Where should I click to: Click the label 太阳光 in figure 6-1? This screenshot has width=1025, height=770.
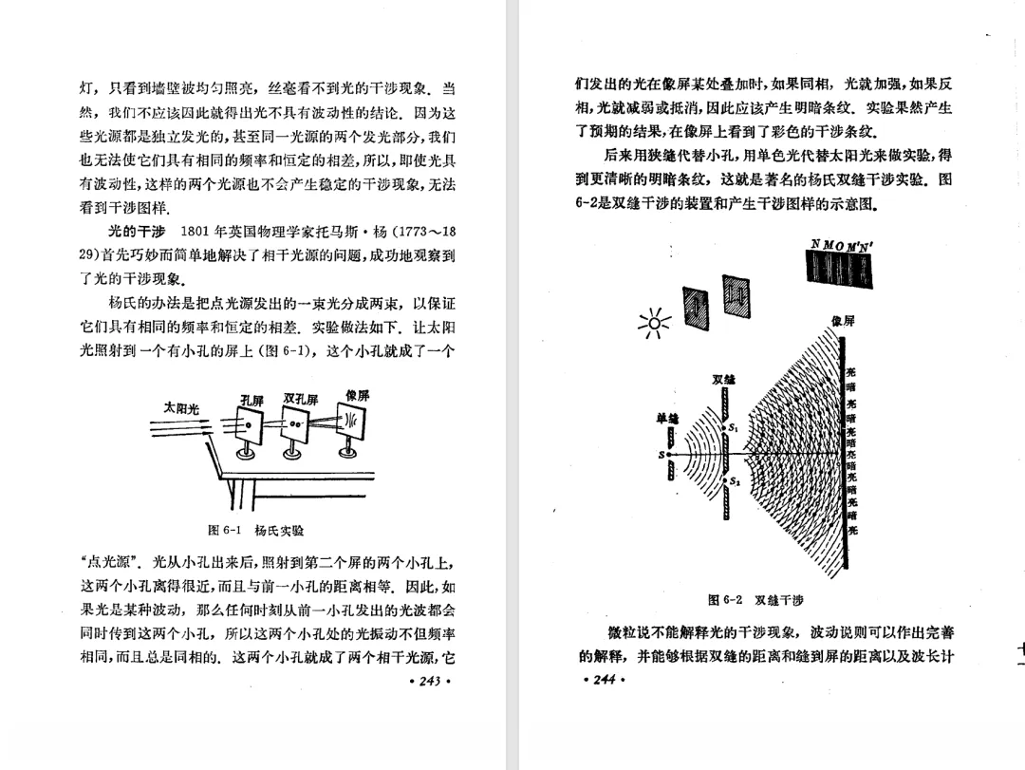click(180, 408)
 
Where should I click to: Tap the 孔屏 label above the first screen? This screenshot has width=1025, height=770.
click(251, 400)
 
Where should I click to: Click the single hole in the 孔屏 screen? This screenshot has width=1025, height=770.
click(250, 426)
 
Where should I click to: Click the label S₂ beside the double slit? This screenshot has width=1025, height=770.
click(736, 482)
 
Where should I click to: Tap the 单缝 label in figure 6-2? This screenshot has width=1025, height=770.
click(667, 418)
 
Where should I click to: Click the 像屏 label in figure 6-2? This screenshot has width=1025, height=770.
click(843, 322)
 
